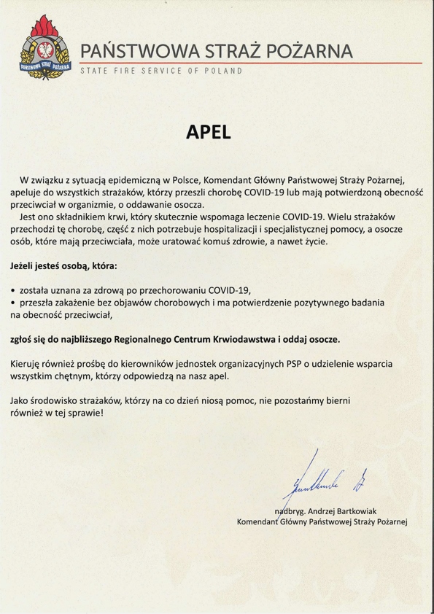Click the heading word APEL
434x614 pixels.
(x=207, y=133)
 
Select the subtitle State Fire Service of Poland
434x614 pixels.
(x=160, y=71)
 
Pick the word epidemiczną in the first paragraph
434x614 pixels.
(x=130, y=179)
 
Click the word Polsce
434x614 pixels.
(x=179, y=179)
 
